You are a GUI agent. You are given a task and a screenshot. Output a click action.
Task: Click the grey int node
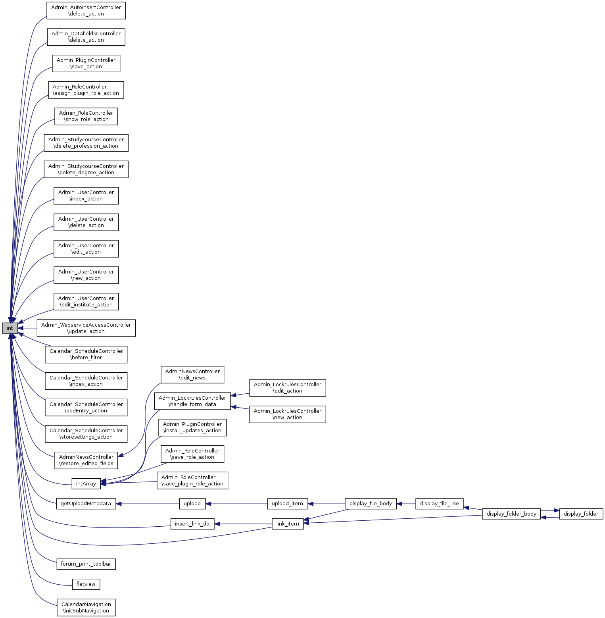tap(10, 328)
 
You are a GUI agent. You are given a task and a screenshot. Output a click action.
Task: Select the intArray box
tap(86, 483)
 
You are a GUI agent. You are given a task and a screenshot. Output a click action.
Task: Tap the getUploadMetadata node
tap(86, 504)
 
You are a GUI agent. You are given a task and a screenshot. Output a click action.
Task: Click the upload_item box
tap(287, 504)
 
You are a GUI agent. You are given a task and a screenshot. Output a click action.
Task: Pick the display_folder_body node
tap(511, 514)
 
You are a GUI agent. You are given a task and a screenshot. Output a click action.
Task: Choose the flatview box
tap(86, 584)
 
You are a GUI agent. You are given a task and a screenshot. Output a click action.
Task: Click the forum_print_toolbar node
tap(86, 564)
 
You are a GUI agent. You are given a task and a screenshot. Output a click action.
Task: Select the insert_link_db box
tap(192, 524)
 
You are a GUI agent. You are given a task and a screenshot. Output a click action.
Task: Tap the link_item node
tap(287, 524)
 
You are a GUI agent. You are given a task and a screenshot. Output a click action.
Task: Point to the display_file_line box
tap(439, 504)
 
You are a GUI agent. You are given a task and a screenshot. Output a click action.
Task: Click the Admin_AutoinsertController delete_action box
tap(86, 11)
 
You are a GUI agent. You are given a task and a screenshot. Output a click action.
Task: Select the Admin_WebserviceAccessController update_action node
tap(86, 328)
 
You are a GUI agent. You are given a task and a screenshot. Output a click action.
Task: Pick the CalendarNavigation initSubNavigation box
tap(86, 608)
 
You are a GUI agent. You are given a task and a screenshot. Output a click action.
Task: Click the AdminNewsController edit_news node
tap(192, 375)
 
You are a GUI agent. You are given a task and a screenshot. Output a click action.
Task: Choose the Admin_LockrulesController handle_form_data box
tap(192, 401)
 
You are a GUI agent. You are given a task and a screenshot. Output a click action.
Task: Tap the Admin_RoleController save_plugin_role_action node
tap(192, 481)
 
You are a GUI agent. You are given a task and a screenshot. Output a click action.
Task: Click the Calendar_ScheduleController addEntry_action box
tap(86, 408)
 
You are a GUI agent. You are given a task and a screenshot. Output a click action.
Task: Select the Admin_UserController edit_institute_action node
tap(86, 302)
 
